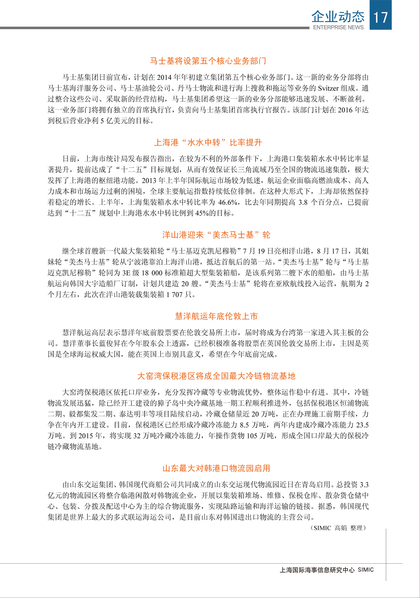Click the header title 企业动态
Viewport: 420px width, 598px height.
coord(338,16)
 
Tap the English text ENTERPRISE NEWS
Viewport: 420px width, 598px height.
coord(338,27)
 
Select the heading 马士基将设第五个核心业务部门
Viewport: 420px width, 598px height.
coord(208,61)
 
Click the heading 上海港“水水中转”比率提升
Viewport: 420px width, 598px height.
coord(208,143)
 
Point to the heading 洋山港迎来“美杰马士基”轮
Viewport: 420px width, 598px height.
coord(216,235)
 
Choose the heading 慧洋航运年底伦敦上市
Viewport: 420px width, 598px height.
coord(216,316)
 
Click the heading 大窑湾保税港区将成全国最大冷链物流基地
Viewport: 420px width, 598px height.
coord(216,376)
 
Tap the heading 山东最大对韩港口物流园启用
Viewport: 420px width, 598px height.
coord(216,468)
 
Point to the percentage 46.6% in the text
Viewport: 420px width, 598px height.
coord(229,202)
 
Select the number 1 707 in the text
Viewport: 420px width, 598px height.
coord(175,295)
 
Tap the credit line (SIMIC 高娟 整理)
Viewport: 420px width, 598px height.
coord(338,528)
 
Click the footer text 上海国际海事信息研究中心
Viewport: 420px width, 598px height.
coord(317,570)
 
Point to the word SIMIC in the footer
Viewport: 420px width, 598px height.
coord(366,570)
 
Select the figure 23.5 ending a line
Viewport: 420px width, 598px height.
coord(362,425)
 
